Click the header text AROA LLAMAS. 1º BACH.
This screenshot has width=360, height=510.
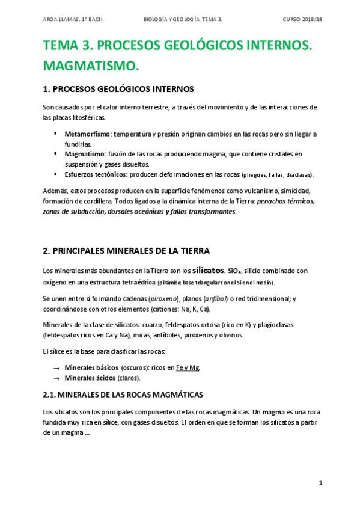pos(73,19)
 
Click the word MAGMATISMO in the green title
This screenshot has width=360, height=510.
pos(91,64)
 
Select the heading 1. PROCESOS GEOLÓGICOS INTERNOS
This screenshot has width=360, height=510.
pos(118,89)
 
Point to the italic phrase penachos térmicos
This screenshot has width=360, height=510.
pos(285,201)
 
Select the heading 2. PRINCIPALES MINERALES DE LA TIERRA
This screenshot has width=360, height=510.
pos(126,250)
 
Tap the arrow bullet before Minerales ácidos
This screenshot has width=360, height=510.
pos(56,378)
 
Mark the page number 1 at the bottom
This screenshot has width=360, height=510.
pos(321,483)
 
